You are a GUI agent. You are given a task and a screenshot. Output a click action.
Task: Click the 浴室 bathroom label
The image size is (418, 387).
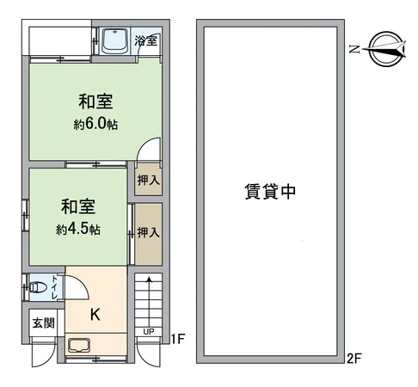146,40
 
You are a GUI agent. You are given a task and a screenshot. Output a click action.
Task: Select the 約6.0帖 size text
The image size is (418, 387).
95,124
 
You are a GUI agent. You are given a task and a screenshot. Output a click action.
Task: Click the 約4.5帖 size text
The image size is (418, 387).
79,230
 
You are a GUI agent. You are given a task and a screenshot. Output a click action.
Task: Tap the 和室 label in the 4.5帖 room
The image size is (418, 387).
77,208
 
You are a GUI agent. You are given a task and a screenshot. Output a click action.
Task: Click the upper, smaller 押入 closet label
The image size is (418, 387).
148,181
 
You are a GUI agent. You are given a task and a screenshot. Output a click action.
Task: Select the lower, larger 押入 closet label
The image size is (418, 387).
148,232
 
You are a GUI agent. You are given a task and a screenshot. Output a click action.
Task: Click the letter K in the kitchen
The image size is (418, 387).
95,314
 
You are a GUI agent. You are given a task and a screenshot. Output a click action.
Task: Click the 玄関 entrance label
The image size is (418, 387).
43,323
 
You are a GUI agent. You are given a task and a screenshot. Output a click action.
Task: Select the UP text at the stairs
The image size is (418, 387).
149,331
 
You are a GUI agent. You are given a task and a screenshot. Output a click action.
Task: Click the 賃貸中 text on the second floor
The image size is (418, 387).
271,193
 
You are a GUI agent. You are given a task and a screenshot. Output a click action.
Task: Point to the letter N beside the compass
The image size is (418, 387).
353,51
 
